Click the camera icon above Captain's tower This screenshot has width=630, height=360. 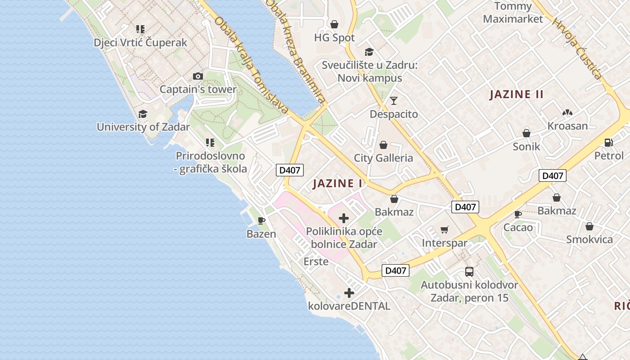198,76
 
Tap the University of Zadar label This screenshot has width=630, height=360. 143,127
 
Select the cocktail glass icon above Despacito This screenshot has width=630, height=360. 394,101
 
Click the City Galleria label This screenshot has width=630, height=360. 383,158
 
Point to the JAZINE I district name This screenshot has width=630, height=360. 337,184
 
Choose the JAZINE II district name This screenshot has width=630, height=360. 517,94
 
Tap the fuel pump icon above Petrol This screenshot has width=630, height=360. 608,143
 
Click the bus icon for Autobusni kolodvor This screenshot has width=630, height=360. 469,272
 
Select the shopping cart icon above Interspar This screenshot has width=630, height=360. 444,230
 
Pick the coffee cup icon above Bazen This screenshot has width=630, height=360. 261,220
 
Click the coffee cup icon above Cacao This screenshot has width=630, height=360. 517,214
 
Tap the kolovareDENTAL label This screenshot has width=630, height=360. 349,306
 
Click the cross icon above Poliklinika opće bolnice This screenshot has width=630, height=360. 344,219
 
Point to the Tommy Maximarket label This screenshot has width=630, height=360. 513,13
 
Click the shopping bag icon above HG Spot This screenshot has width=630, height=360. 334,24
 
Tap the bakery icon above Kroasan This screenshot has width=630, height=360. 567,112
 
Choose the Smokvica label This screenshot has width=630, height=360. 589,239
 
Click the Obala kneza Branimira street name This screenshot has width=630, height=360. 295,52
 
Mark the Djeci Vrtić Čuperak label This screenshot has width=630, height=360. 140,43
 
